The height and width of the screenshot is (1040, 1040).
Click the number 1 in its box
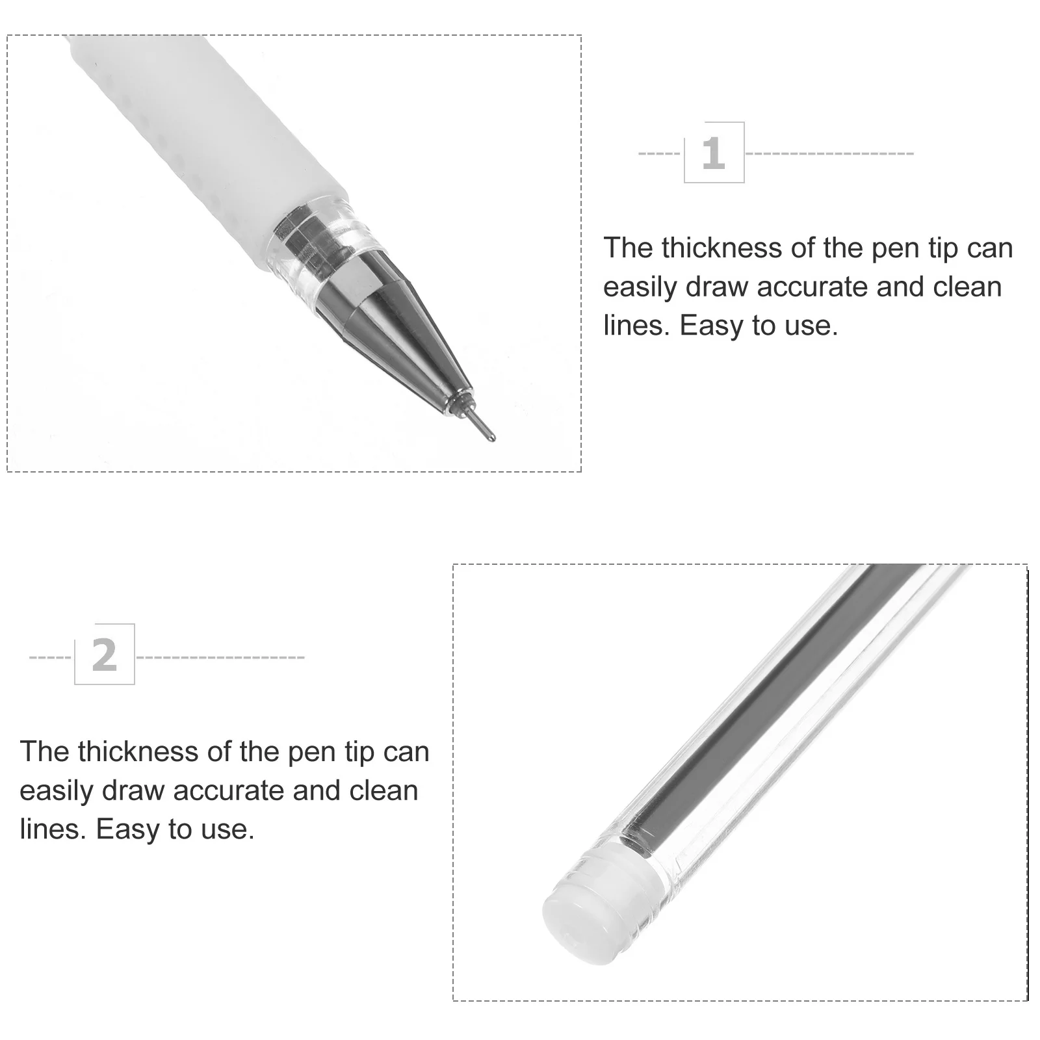[713, 153]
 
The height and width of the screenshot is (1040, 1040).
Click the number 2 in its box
[104, 655]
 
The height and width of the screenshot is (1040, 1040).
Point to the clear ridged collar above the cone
[322, 240]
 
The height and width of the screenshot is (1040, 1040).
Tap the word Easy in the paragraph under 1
[711, 326]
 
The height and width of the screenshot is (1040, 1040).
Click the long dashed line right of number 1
[829, 154]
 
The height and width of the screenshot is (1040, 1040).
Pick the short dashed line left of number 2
[50, 658]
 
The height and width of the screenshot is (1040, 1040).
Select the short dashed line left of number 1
[659, 154]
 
